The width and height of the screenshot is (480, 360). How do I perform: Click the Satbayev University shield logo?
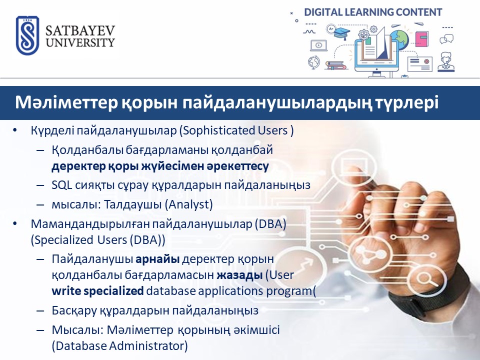27,35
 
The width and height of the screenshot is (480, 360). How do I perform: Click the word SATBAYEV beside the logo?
80,31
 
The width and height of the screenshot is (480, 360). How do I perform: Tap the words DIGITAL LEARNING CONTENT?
373,12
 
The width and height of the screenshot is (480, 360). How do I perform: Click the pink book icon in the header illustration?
422,39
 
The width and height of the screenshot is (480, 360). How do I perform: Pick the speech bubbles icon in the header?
446,39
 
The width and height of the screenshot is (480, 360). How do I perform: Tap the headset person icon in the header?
446,62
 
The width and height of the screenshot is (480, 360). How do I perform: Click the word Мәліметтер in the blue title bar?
66,102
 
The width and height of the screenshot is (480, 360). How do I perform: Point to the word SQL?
61,185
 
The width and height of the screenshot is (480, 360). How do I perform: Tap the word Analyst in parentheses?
189,204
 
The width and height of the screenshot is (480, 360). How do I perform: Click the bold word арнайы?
157,259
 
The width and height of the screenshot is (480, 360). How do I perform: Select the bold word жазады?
239,275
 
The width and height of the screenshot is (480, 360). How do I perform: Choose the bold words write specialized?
97,291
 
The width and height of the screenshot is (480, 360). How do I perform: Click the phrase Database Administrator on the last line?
119,346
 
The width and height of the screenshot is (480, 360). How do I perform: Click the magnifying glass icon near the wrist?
424,279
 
